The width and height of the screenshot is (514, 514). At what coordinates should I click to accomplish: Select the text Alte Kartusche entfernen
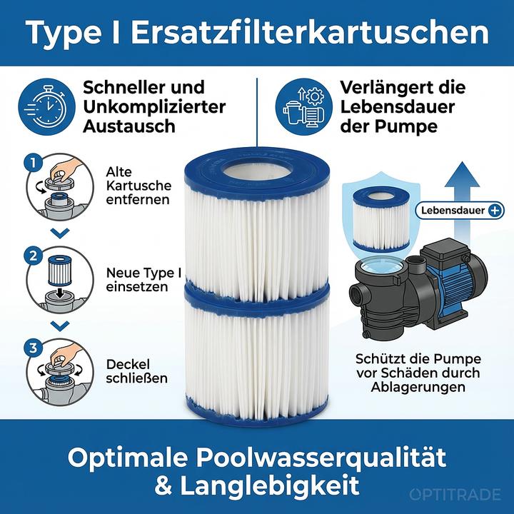138,186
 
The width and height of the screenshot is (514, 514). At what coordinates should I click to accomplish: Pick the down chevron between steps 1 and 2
61,232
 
